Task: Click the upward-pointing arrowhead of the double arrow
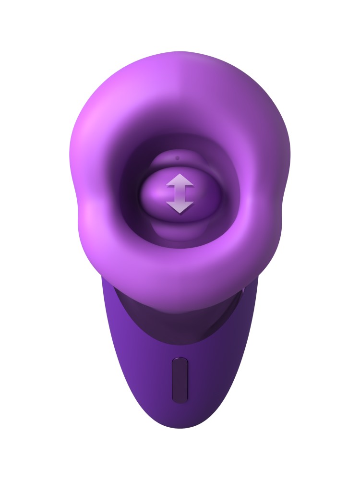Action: coord(180,180)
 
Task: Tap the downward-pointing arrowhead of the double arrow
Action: coord(180,207)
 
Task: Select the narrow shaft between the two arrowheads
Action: coord(180,194)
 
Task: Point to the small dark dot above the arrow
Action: coord(178,157)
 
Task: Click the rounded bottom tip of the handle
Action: coord(180,425)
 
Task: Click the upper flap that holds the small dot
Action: coord(179,161)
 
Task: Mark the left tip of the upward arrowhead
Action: coord(167,185)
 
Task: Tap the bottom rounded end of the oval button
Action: coord(180,397)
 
